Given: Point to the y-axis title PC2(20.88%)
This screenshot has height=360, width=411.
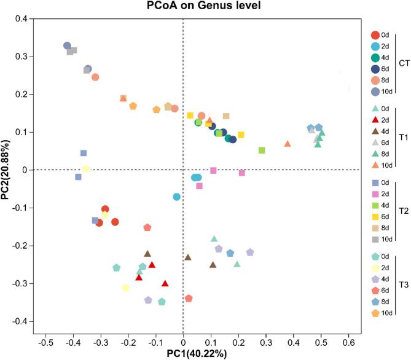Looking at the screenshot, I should pyautogui.click(x=7, y=170).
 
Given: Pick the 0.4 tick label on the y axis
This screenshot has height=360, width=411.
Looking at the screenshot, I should pyautogui.click(x=22, y=18).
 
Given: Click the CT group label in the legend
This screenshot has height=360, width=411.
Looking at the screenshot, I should pyautogui.click(x=405, y=63).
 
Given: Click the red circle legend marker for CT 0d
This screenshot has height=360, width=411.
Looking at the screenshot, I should pyautogui.click(x=376, y=35).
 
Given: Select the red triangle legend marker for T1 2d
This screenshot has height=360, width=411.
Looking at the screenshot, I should pyautogui.click(x=376, y=120).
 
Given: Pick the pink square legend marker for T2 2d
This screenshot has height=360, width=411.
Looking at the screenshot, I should pyautogui.click(x=376, y=194).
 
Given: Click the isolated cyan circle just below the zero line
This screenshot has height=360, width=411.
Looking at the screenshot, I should pyautogui.click(x=177, y=197).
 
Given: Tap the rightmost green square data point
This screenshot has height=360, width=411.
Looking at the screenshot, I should pyautogui.click(x=262, y=150).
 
